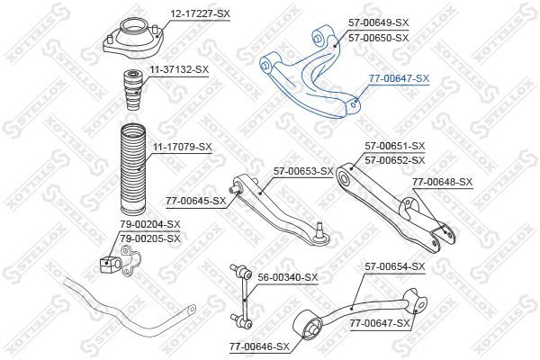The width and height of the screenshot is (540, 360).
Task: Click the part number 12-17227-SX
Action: [x=200, y=13]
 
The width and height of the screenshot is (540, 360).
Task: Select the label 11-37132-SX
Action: [x=179, y=69]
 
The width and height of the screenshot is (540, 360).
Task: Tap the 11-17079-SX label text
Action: [x=182, y=147]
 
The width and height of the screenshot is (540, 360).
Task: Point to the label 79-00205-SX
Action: [x=150, y=238]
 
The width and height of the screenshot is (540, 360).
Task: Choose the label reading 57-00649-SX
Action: [x=379, y=22]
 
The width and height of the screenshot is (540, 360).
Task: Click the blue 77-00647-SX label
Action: [x=399, y=79]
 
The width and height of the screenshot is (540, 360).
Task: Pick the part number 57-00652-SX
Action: [x=395, y=160]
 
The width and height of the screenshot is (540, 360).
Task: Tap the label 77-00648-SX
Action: [x=443, y=182]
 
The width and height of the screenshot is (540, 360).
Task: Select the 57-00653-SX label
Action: [x=304, y=171]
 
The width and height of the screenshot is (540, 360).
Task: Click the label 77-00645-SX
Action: [x=195, y=201]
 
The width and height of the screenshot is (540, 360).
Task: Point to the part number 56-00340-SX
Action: [x=288, y=277]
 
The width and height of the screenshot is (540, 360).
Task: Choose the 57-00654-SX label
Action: [x=395, y=266]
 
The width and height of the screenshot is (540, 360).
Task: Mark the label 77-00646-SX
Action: [x=260, y=346]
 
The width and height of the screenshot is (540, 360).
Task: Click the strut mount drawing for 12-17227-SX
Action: [x=133, y=40]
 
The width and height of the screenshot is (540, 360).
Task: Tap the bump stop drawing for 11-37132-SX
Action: [x=132, y=90]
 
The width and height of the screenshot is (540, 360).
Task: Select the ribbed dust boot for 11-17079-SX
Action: [x=133, y=169]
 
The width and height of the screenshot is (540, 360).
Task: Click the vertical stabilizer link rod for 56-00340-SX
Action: [x=242, y=296]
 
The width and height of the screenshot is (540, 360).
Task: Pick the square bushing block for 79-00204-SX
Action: [x=109, y=265]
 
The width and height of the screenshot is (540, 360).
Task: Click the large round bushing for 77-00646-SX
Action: [x=308, y=324]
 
